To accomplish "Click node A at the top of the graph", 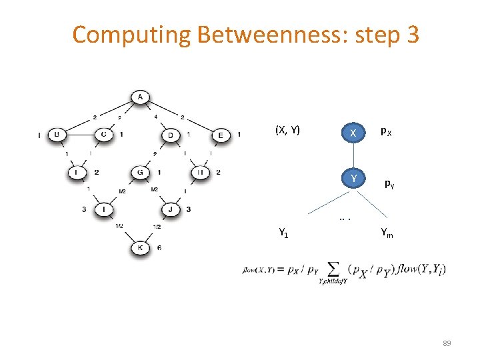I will tap(140, 98).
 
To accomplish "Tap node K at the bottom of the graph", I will tap(140, 249).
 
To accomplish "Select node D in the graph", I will tap(171, 135).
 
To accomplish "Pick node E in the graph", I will tap(221, 135).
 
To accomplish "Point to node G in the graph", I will tap(141, 173).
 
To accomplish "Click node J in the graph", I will tap(171, 211).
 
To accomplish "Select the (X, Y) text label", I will tap(287, 129).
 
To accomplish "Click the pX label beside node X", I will tap(386, 132).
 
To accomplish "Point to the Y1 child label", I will tap(283, 233).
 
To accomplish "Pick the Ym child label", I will tap(387, 233).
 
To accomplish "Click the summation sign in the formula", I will tap(331, 269).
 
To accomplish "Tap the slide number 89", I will tap(447, 343).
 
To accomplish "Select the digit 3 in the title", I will tap(411, 35).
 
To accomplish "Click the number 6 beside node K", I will tap(159, 248).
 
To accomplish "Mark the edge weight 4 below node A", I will tap(156, 117).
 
